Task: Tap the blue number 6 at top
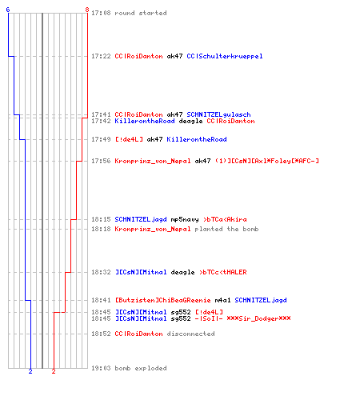click(8, 10)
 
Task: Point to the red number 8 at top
click(87, 10)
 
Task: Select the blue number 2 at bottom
click(30, 371)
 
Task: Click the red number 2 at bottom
click(54, 371)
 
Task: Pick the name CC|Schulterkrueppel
click(225, 56)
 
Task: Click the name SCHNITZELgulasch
click(218, 114)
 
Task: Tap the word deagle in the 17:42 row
click(190, 122)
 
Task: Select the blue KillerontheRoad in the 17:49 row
click(197, 139)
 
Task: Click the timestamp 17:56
click(101, 161)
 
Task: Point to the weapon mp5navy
click(185, 219)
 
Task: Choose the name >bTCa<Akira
click(225, 219)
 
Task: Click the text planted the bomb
click(226, 229)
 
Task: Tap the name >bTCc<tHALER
click(223, 272)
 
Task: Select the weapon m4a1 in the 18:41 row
click(222, 300)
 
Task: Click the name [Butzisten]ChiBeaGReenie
click(163, 300)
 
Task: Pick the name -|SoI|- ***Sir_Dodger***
click(242, 318)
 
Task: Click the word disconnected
click(190, 334)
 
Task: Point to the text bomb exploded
click(141, 368)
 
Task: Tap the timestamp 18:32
click(101, 272)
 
